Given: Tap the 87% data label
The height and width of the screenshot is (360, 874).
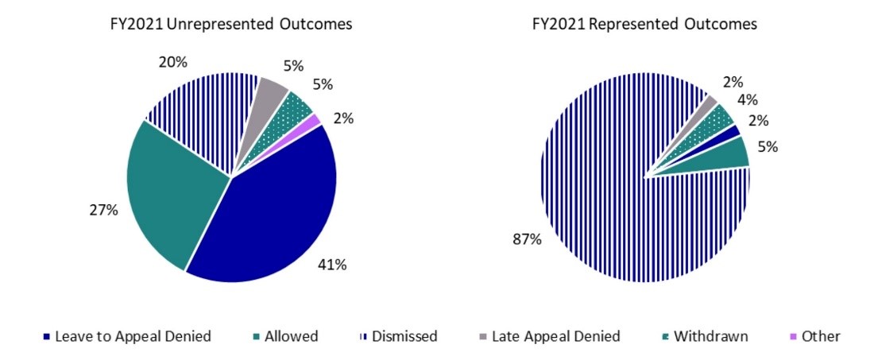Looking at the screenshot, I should (529, 238).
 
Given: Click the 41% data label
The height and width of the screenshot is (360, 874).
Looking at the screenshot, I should (333, 265).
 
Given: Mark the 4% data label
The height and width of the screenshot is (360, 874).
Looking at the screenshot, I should (747, 100).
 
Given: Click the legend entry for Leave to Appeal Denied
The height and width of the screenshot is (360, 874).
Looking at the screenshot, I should (127, 336).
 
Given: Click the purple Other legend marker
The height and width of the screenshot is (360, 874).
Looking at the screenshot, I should (793, 336).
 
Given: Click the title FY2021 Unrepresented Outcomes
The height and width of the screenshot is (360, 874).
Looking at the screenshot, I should (230, 25).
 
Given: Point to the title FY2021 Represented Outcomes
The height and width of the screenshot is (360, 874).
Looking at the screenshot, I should (644, 25).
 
